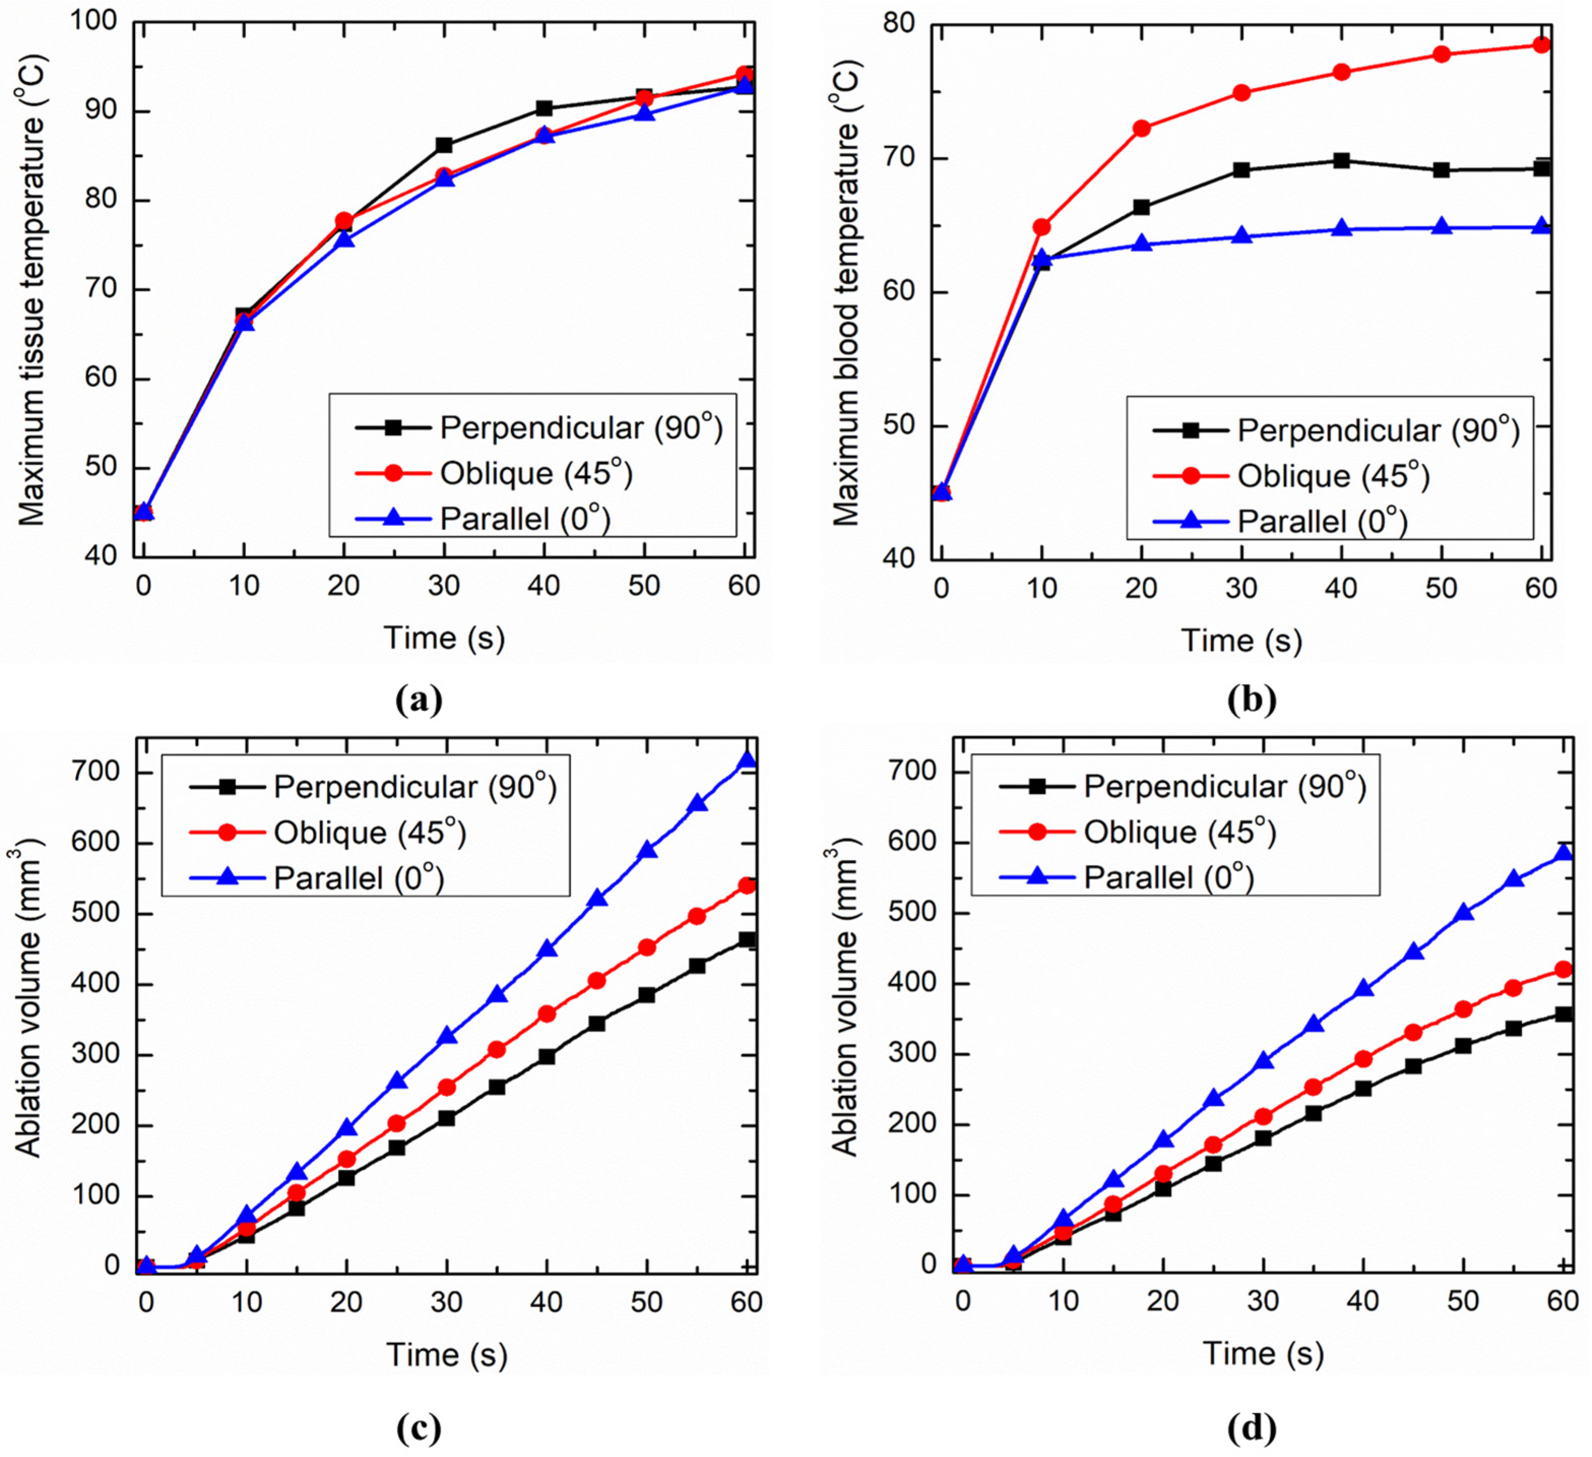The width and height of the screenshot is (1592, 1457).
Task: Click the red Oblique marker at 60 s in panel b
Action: tap(1541, 45)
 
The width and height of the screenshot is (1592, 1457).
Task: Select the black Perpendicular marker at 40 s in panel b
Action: tap(1341, 160)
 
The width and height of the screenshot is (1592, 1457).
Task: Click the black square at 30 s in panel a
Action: tap(444, 145)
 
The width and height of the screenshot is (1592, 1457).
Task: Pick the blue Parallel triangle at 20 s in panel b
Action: tap(1141, 243)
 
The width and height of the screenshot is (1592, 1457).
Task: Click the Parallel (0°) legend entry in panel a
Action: tap(525, 519)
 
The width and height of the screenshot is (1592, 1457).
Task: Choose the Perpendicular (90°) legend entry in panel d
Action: tap(1224, 787)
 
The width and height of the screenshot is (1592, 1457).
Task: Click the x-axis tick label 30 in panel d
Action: tap(1263, 1301)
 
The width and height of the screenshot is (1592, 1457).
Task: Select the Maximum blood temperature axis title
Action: tap(847, 290)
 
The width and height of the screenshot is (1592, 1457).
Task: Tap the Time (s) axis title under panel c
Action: tap(446, 1354)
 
